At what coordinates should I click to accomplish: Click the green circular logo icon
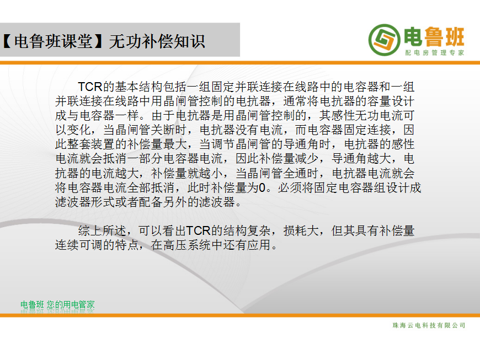pyautogui.click(x=384, y=40)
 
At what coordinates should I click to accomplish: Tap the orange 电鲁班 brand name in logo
pyautogui.click(x=434, y=37)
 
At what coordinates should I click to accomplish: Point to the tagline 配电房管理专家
pyautogui.click(x=435, y=52)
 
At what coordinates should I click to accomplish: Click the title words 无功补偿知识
pyautogui.click(x=157, y=41)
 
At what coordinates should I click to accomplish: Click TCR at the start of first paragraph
pyautogui.click(x=90, y=87)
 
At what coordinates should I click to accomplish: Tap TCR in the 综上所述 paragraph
pyautogui.click(x=198, y=230)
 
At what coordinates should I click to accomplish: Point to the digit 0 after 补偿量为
pyautogui.click(x=262, y=187)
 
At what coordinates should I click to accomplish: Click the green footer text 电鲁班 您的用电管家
pyautogui.click(x=57, y=305)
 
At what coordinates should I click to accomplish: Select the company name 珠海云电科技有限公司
pyautogui.click(x=429, y=325)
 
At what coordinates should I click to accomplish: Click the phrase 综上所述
pyautogui.click(x=102, y=230)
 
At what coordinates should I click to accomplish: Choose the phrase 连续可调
pyautogui.click(x=79, y=245)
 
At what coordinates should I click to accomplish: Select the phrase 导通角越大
pyautogui.click(x=361, y=159)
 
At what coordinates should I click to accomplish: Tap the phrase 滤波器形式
pyautogui.click(x=85, y=202)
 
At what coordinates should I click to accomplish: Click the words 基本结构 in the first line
pyautogui.click(x=138, y=87)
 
